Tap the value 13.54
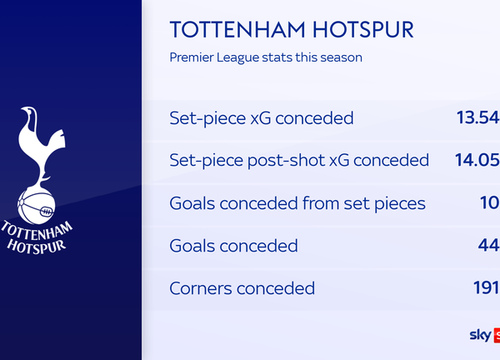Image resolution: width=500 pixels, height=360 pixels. [477, 117]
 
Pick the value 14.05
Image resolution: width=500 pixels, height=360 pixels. [477, 160]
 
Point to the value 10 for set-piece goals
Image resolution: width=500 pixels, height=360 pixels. [489, 202]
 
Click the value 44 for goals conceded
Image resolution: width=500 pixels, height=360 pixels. [487, 246]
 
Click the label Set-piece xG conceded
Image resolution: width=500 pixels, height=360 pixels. [261, 118]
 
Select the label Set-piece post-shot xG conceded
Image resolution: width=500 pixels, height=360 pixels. [298, 160]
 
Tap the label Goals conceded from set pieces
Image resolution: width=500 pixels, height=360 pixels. [297, 203]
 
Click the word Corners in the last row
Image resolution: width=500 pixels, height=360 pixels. [200, 289]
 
